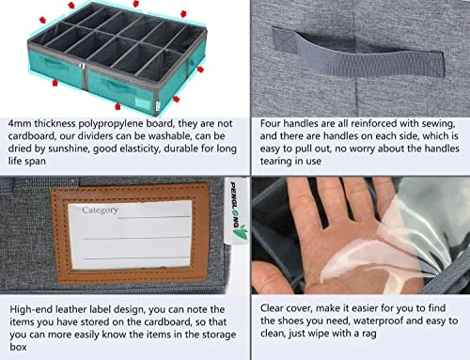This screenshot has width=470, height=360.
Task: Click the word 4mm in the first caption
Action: coord(20,123)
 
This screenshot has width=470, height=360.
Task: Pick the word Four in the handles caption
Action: coord(270,123)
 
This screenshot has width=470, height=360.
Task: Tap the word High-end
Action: coord(31,310)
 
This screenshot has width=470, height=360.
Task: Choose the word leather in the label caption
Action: coord(70,309)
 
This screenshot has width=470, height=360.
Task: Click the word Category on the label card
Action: coord(100,211)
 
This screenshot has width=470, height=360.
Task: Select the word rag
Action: coord(369,334)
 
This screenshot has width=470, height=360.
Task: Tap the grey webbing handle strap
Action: coord(358,55)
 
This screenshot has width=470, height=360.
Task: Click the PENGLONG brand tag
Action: coord(238,211)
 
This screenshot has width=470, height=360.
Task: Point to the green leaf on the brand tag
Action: coord(241,234)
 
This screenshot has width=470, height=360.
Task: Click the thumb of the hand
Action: coord(272,274)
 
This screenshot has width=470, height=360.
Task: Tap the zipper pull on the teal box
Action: coord(82,66)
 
